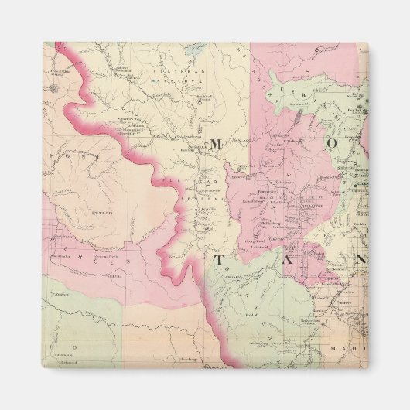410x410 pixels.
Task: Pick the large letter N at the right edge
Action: click(360, 260)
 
